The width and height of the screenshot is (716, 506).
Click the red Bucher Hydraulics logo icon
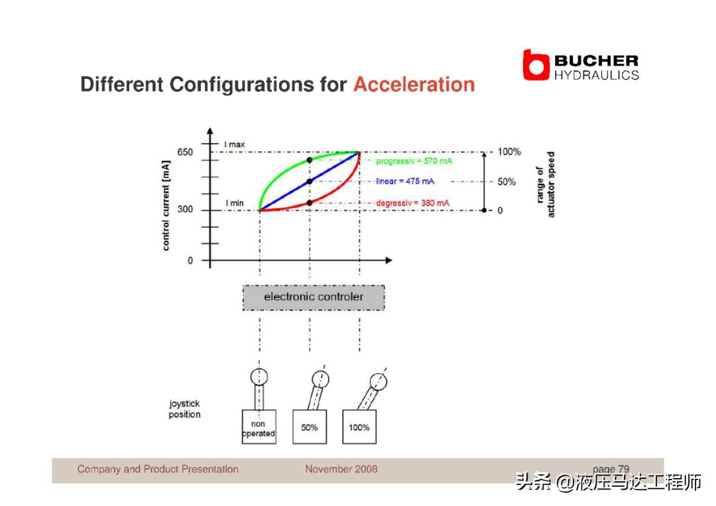pos(536,65)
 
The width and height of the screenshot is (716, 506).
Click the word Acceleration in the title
pos(414,84)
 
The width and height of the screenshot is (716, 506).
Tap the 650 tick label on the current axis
pos(185,152)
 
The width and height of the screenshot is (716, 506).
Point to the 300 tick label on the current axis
pos(185,209)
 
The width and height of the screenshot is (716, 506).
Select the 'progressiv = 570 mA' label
pos(414,160)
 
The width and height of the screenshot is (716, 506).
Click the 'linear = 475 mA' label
pos(405,181)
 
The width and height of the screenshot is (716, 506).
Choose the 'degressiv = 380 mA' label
pos(413,203)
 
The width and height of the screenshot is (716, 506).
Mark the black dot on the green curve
pos(310,160)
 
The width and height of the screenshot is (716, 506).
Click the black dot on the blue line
pos(310,181)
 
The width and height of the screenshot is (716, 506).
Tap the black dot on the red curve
pos(310,203)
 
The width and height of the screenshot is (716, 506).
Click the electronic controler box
pos(314,298)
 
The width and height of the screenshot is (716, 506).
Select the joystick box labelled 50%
pos(310,426)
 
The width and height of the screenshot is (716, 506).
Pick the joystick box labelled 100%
pos(359,426)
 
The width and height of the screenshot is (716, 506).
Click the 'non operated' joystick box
pos(259,426)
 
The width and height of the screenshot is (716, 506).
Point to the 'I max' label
pos(234,145)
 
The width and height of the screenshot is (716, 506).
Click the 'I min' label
pos(235,203)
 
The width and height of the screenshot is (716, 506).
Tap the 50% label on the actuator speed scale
pos(507,182)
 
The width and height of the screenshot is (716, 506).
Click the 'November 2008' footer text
pos(341,469)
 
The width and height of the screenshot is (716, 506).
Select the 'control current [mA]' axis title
pos(166,206)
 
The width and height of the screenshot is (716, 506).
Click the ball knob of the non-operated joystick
pos(259,377)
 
